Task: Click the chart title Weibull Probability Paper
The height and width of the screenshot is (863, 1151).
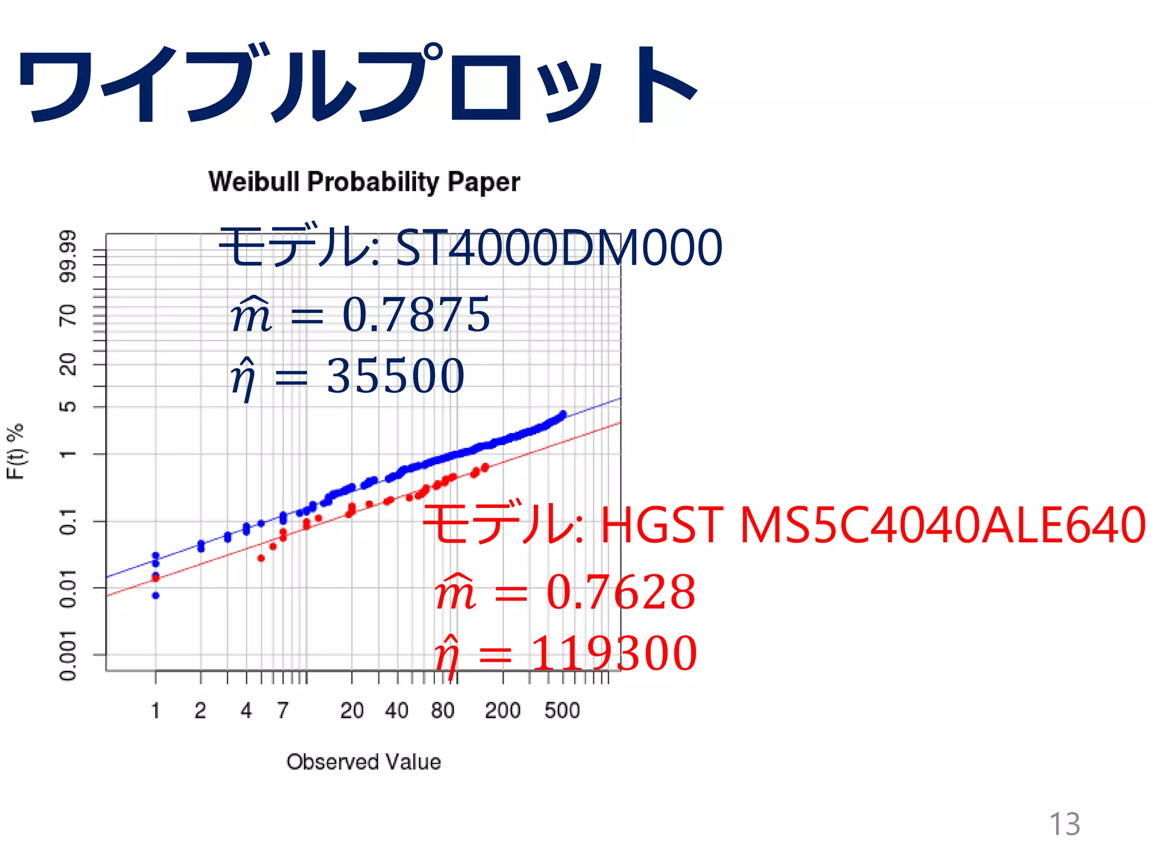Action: (x=364, y=182)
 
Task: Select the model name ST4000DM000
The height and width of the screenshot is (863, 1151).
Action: (x=559, y=248)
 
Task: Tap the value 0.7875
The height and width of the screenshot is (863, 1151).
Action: (x=416, y=315)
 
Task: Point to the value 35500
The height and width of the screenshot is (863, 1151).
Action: (x=395, y=376)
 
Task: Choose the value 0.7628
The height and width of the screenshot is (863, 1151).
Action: (x=620, y=592)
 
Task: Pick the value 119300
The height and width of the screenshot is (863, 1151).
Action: (x=614, y=653)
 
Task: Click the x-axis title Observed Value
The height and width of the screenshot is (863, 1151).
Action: (x=364, y=762)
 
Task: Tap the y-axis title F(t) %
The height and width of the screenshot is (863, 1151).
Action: (x=16, y=451)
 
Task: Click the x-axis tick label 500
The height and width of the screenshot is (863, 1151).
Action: (x=562, y=711)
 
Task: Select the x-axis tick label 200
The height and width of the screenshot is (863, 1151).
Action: (x=502, y=711)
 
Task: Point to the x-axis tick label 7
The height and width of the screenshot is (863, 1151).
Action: (x=283, y=711)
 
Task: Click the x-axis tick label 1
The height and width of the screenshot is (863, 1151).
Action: (x=156, y=711)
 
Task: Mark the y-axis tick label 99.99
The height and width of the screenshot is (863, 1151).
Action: (x=67, y=256)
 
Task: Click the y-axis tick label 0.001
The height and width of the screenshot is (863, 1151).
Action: (x=67, y=655)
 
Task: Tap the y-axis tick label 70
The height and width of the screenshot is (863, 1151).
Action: (x=67, y=315)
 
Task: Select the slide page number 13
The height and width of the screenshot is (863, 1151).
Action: (x=1064, y=824)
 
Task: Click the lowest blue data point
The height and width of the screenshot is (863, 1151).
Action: (x=156, y=596)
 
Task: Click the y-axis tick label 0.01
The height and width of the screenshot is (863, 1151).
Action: (x=67, y=588)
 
